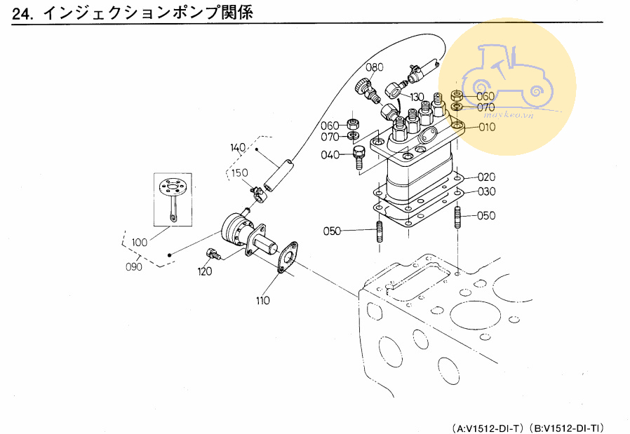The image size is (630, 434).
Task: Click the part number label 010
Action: coord(487,127)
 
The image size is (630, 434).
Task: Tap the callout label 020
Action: coord(487,177)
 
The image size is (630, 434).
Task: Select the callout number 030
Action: coord(487,191)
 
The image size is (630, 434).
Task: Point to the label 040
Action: coord(330,154)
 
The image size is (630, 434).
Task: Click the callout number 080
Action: coord(375,67)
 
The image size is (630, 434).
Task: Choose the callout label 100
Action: coord(139,242)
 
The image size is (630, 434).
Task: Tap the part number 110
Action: coord(262,301)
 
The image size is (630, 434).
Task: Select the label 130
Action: coord(417,96)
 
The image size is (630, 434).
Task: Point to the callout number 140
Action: coord(238,147)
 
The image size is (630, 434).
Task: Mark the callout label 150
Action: coord(240,172)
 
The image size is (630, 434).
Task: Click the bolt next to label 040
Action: coord(358,157)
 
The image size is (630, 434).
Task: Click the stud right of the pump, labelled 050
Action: coord(458,217)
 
